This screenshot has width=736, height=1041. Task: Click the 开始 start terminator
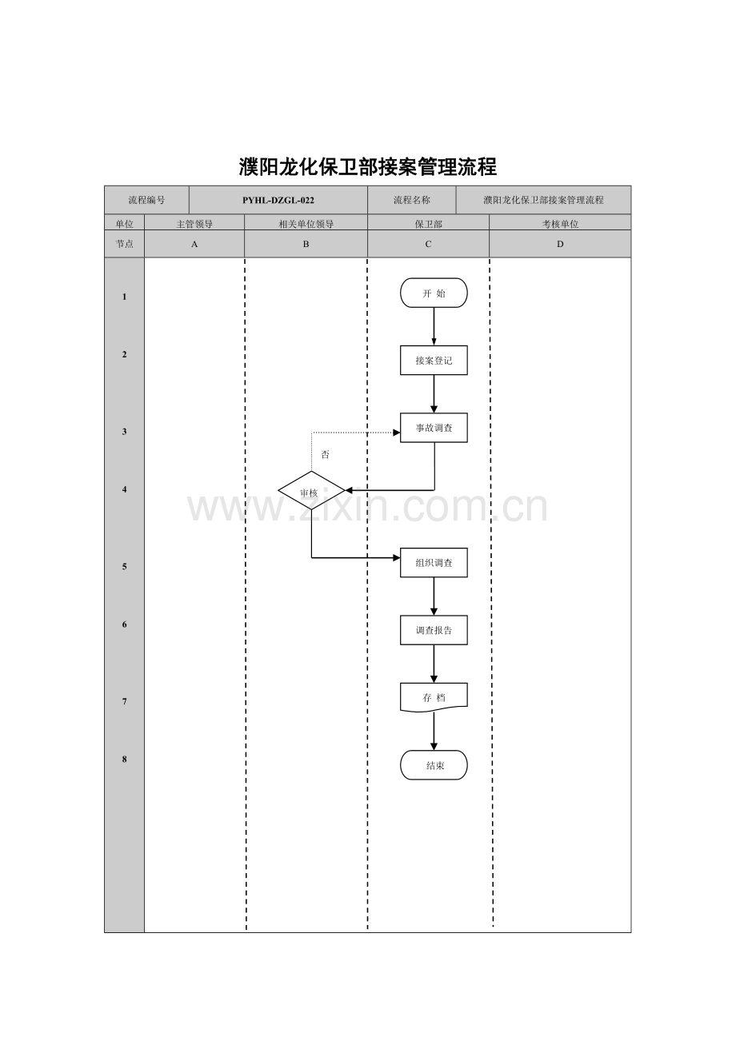coord(434,293)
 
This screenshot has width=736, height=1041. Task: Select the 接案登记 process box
coord(434,360)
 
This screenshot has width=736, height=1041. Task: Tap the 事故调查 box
coord(434,428)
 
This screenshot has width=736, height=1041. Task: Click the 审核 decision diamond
coord(311,490)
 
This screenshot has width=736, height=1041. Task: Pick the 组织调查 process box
coord(434,562)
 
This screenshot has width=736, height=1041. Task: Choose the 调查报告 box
coord(434,630)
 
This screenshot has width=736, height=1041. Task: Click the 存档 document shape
coord(434,697)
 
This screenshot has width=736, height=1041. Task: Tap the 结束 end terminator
coord(434,765)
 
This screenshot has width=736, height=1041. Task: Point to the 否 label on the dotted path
coord(325,454)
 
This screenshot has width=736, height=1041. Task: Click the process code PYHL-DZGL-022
coord(278,201)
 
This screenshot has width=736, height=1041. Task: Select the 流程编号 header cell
coord(146,201)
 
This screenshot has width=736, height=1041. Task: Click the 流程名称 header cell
coord(411,201)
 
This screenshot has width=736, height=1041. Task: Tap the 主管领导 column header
coord(194,224)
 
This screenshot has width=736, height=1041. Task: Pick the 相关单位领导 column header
coord(306,224)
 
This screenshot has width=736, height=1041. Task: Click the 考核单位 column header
coord(560,224)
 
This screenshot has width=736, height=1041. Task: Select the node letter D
coord(560,244)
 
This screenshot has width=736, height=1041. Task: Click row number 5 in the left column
coord(124,567)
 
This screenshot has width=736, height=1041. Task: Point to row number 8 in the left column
coord(124,760)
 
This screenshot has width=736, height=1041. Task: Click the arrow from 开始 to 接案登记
coord(434,326)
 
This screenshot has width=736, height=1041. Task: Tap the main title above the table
coord(368,166)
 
